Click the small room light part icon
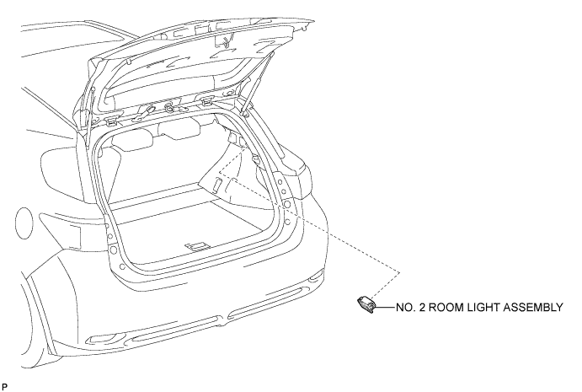pos(366,304)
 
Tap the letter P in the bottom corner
pos(4,387)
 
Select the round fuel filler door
pos(24,223)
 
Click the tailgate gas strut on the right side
pos(258,83)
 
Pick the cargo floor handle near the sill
pos(198,246)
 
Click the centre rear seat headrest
pos(179,128)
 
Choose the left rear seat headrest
pos(132,141)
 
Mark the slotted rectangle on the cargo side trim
pos(217,184)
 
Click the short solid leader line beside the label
pos(386,308)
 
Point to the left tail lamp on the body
pos(61,230)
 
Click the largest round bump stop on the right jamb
pos(287,204)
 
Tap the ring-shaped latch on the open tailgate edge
pos(169,107)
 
